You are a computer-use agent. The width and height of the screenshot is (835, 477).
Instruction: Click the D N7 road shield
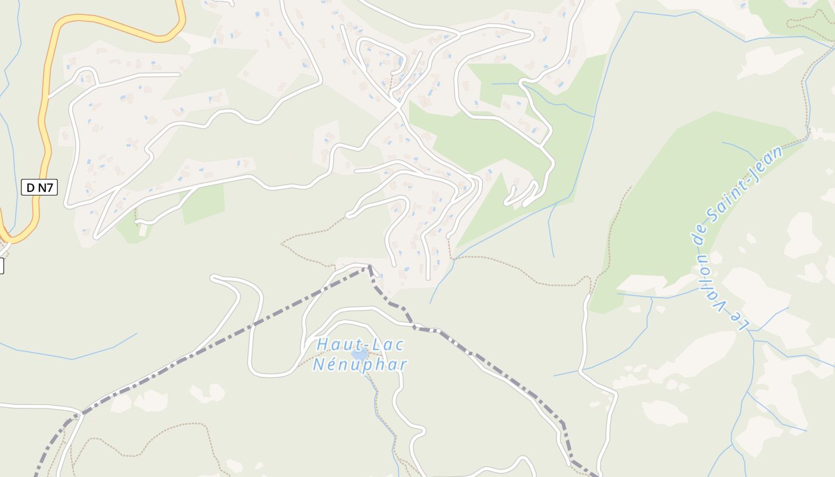(x=39, y=187)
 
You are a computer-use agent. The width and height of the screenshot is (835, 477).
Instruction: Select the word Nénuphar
(x=360, y=364)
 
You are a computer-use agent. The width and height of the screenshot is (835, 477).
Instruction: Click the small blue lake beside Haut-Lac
(x=359, y=354)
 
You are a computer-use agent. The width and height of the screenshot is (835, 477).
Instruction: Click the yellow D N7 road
(x=43, y=119)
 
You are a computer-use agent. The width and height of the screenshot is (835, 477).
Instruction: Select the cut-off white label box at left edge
(x=1, y=265)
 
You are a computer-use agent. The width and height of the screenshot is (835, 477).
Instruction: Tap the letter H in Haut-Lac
(x=323, y=345)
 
